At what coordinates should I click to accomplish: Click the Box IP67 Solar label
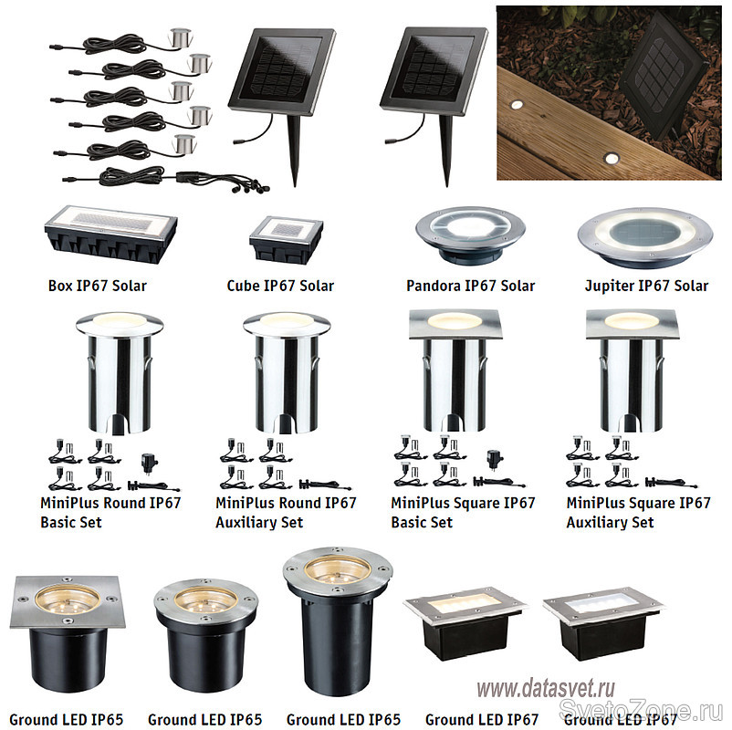point(97,286)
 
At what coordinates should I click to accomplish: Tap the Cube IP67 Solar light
point(286,239)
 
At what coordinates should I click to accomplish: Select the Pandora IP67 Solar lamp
point(470,235)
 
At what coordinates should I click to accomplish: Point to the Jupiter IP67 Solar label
point(646,286)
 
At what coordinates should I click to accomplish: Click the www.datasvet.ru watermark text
point(546,688)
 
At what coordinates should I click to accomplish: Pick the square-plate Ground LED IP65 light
point(68,632)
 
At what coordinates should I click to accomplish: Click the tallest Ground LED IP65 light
point(338,620)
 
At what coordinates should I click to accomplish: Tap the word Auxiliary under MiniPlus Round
point(246,522)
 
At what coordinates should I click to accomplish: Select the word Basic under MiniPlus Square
point(406,522)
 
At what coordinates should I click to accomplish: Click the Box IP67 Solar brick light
point(110,234)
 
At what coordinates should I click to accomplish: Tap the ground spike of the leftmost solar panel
point(294,151)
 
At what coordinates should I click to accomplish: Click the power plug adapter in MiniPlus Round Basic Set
point(150,462)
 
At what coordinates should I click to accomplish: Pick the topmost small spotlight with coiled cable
point(180,37)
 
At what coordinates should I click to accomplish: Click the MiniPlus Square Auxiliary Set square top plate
point(632,323)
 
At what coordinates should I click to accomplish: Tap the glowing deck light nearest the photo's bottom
point(610,159)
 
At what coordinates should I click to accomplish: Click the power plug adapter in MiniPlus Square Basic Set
point(495,460)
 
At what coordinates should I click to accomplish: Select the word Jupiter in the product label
point(609,286)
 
